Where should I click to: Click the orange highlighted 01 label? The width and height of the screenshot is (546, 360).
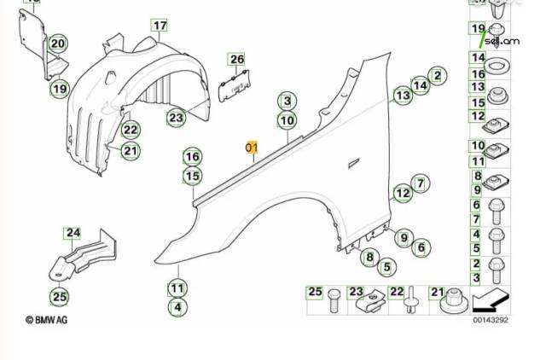click(252, 148)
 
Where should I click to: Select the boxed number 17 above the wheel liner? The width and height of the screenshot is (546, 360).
click(160, 26)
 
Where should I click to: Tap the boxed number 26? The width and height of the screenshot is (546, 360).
click(237, 59)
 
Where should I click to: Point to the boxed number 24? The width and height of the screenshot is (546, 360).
click(73, 233)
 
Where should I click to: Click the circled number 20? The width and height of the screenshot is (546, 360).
click(58, 44)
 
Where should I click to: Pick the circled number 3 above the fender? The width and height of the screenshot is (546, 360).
click(287, 101)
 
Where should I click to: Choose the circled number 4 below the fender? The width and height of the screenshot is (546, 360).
click(177, 307)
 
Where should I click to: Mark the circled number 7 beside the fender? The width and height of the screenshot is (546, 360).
click(421, 183)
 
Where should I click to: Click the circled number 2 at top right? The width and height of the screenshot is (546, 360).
click(438, 76)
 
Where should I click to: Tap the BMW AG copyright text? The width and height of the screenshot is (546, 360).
click(46, 320)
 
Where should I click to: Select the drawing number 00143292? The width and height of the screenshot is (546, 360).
click(491, 320)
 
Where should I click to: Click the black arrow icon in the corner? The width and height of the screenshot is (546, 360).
click(491, 301)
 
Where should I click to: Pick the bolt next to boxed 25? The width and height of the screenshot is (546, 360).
click(334, 300)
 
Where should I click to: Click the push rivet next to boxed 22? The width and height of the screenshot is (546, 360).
click(411, 299)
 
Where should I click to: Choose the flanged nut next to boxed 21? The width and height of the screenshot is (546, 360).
click(453, 301)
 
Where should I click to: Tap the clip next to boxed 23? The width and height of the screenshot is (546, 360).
click(370, 301)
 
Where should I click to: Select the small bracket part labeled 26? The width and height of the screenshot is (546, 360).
click(234, 85)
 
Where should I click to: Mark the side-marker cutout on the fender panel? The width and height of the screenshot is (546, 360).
click(354, 163)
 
